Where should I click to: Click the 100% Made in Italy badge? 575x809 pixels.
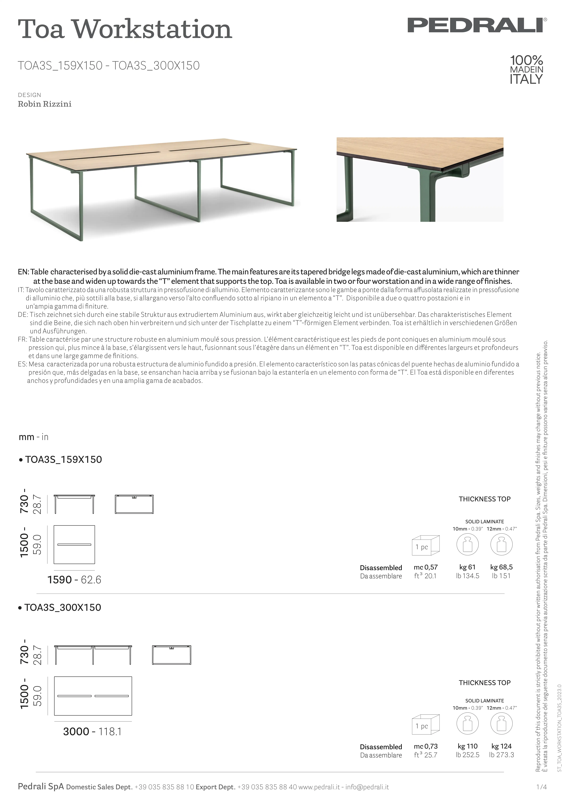[526, 70]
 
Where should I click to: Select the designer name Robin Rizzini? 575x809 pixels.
[45, 104]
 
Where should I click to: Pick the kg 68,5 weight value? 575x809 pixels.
[501, 567]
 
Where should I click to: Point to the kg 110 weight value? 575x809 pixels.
[467, 746]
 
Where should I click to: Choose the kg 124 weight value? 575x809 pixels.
[501, 746]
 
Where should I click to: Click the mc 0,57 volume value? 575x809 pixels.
[426, 567]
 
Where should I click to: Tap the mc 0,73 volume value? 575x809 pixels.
[426, 746]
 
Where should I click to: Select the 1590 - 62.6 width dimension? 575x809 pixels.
[74, 580]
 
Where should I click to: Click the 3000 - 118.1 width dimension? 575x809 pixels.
[92, 732]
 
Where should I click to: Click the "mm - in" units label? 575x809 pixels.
[34, 437]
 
